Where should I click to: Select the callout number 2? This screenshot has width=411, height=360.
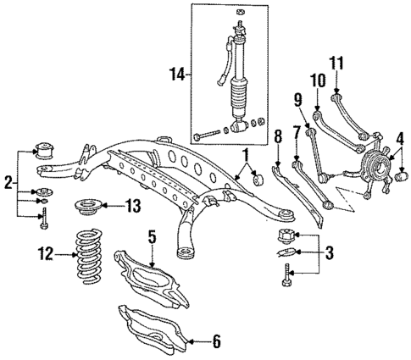click(x=8, y=181)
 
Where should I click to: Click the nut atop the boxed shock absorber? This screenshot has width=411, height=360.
click(x=241, y=12)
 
